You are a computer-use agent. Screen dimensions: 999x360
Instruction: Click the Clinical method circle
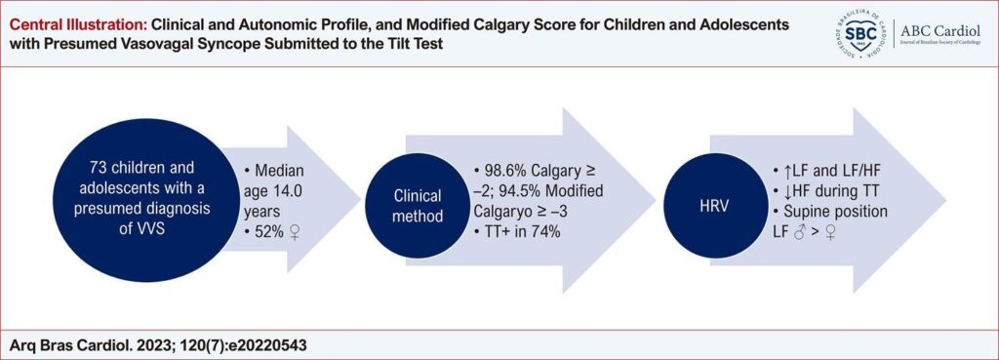[416, 205]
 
